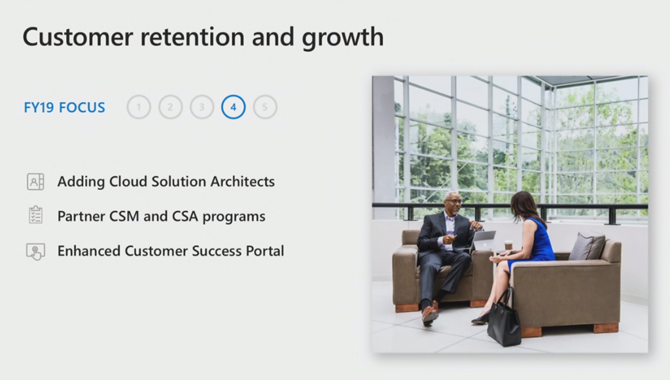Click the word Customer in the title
pyautogui.click(x=78, y=37)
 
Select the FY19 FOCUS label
pyautogui.click(x=65, y=107)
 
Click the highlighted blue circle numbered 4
pyautogui.click(x=234, y=107)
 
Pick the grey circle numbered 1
pyautogui.click(x=139, y=107)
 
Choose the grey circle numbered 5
pyautogui.click(x=265, y=107)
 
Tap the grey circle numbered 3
pyautogui.click(x=202, y=107)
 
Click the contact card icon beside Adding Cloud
pyautogui.click(x=35, y=181)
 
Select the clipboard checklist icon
pyautogui.click(x=35, y=215)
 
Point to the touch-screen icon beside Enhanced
pyautogui.click(x=35, y=252)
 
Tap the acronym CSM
pyautogui.click(x=124, y=216)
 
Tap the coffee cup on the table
pyautogui.click(x=508, y=246)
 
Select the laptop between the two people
pyautogui.click(x=483, y=241)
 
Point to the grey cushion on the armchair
pyautogui.click(x=586, y=246)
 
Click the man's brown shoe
pyautogui.click(x=430, y=312)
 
